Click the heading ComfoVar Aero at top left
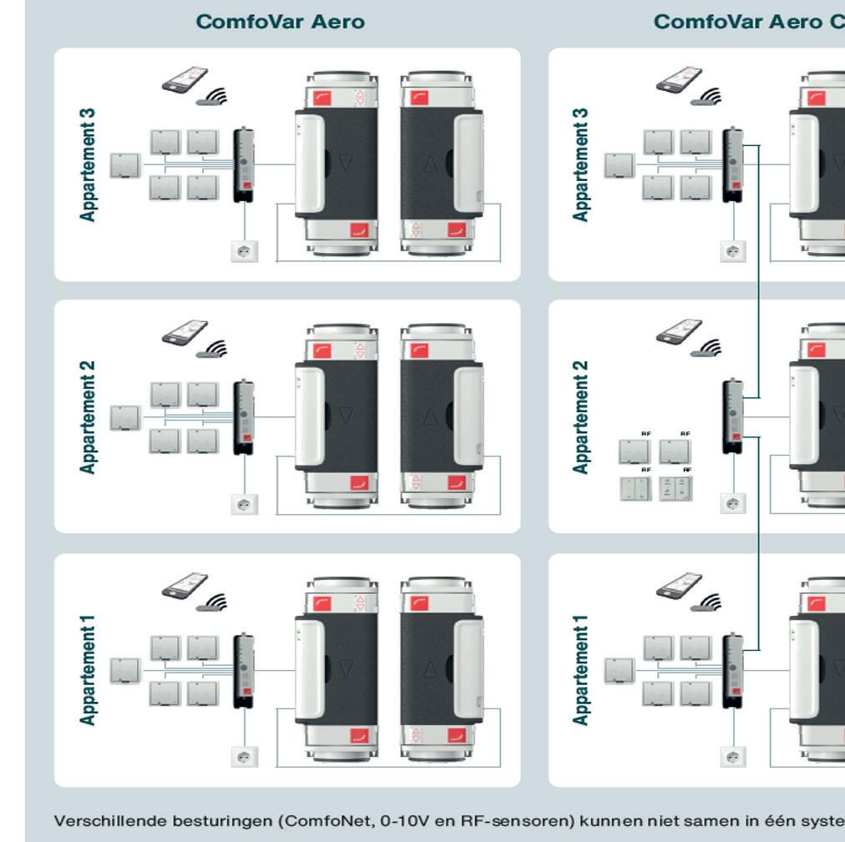[281, 23]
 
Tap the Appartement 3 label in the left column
[88, 164]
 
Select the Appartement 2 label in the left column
[88, 417]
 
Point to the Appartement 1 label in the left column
[88, 670]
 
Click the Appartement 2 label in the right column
[580, 417]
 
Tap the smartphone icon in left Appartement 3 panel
[184, 79]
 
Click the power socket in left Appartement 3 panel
[245, 250]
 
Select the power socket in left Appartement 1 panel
[245, 756]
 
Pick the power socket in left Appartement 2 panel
[245, 503]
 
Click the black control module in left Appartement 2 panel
[245, 416]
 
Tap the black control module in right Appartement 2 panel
[732, 416]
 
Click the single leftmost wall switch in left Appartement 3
[125, 165]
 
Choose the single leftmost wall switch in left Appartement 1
[125, 670]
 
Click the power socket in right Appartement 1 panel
[733, 756]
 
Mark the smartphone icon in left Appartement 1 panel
[184, 585]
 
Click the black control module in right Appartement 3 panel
[732, 164]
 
